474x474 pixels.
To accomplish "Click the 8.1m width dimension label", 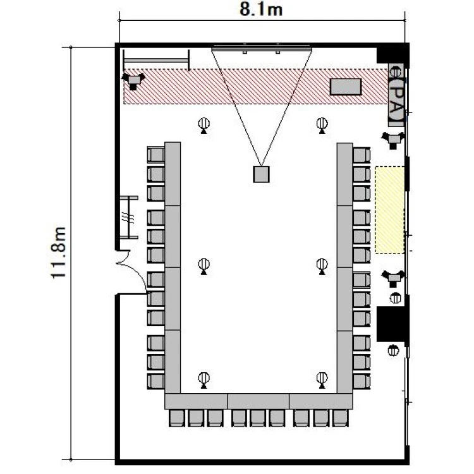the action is (261, 9).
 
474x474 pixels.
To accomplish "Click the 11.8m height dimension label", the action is (58, 252).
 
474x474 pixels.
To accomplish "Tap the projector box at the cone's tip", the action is (261, 174).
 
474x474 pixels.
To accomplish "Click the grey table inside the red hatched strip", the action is (346, 87).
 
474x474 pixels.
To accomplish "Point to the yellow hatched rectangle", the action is (390, 210).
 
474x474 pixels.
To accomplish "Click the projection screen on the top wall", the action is (262, 48).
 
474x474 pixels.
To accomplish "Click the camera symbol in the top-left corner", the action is (133, 81).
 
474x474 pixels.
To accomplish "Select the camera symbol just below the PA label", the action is (393, 140).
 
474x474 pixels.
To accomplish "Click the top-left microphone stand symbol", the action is (204, 126).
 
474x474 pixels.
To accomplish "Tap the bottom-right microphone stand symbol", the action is (322, 380).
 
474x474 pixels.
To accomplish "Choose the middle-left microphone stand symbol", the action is (204, 266).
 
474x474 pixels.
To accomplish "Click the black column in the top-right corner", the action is (392, 55).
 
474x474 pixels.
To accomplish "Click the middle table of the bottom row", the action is (258, 401).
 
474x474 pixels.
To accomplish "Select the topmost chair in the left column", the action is (155, 155).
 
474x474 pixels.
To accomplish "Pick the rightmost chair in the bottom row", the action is (341, 418).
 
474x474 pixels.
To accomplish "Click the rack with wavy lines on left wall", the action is (129, 217).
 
